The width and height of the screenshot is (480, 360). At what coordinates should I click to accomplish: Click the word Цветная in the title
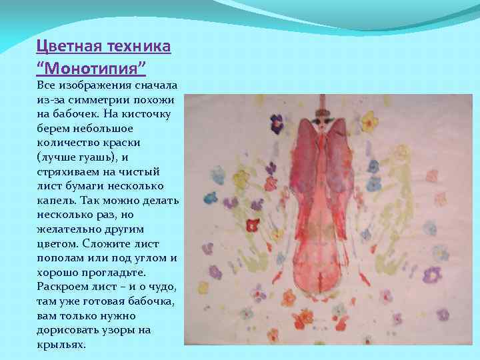(64, 48)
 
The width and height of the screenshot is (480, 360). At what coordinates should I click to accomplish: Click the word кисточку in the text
(149, 114)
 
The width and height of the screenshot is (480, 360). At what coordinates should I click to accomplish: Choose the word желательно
(67, 229)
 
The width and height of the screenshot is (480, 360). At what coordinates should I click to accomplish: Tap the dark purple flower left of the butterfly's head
(276, 122)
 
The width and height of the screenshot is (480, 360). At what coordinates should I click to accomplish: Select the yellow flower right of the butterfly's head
(368, 123)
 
